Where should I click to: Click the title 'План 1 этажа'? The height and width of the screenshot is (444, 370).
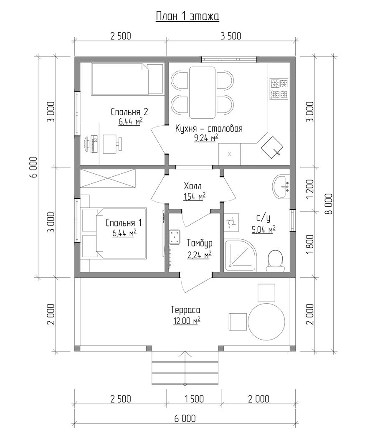point(188,16)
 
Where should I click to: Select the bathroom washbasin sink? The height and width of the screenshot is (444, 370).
point(281,186)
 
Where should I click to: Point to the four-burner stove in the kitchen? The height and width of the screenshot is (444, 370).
point(279,89)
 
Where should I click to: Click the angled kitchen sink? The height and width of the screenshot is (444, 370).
point(272,147)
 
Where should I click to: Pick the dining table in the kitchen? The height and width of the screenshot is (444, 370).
point(202,92)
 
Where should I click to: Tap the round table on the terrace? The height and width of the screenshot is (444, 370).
point(266,321)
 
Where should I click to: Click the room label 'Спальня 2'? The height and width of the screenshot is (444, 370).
point(129,112)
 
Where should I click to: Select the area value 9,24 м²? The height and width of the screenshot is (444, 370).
point(206,139)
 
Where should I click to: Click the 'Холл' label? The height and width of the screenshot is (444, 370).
point(193,186)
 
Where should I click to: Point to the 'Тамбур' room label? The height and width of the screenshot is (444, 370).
point(200,243)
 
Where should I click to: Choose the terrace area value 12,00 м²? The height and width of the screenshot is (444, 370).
point(187,321)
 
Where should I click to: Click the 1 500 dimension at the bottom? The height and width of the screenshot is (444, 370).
point(194,399)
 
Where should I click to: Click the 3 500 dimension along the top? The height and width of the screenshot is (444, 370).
point(231,36)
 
